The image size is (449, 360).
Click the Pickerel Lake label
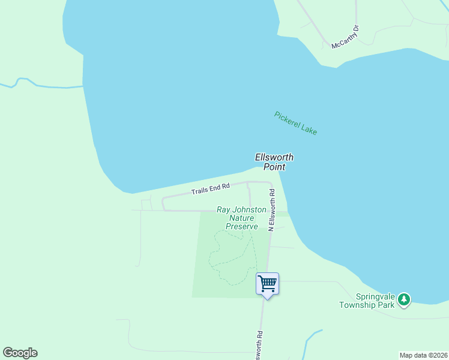[x=295, y=123]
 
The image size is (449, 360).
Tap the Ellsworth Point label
[x=274, y=162]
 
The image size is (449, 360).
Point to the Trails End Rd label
[x=211, y=189]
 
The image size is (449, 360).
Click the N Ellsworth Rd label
[x=271, y=210]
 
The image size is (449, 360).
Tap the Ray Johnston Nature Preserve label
[x=242, y=218]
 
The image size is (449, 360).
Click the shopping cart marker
[x=267, y=283]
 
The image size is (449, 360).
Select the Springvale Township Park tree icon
[x=405, y=299]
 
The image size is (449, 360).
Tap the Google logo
[x=20, y=353]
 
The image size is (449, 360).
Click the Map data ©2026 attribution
[x=423, y=355]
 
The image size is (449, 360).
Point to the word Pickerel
[x=286, y=118]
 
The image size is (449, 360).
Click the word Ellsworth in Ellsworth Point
[x=274, y=157]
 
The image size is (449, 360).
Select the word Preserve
[x=242, y=227]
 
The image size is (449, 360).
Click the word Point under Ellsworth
[x=274, y=167]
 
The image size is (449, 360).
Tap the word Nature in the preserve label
[x=242, y=218]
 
